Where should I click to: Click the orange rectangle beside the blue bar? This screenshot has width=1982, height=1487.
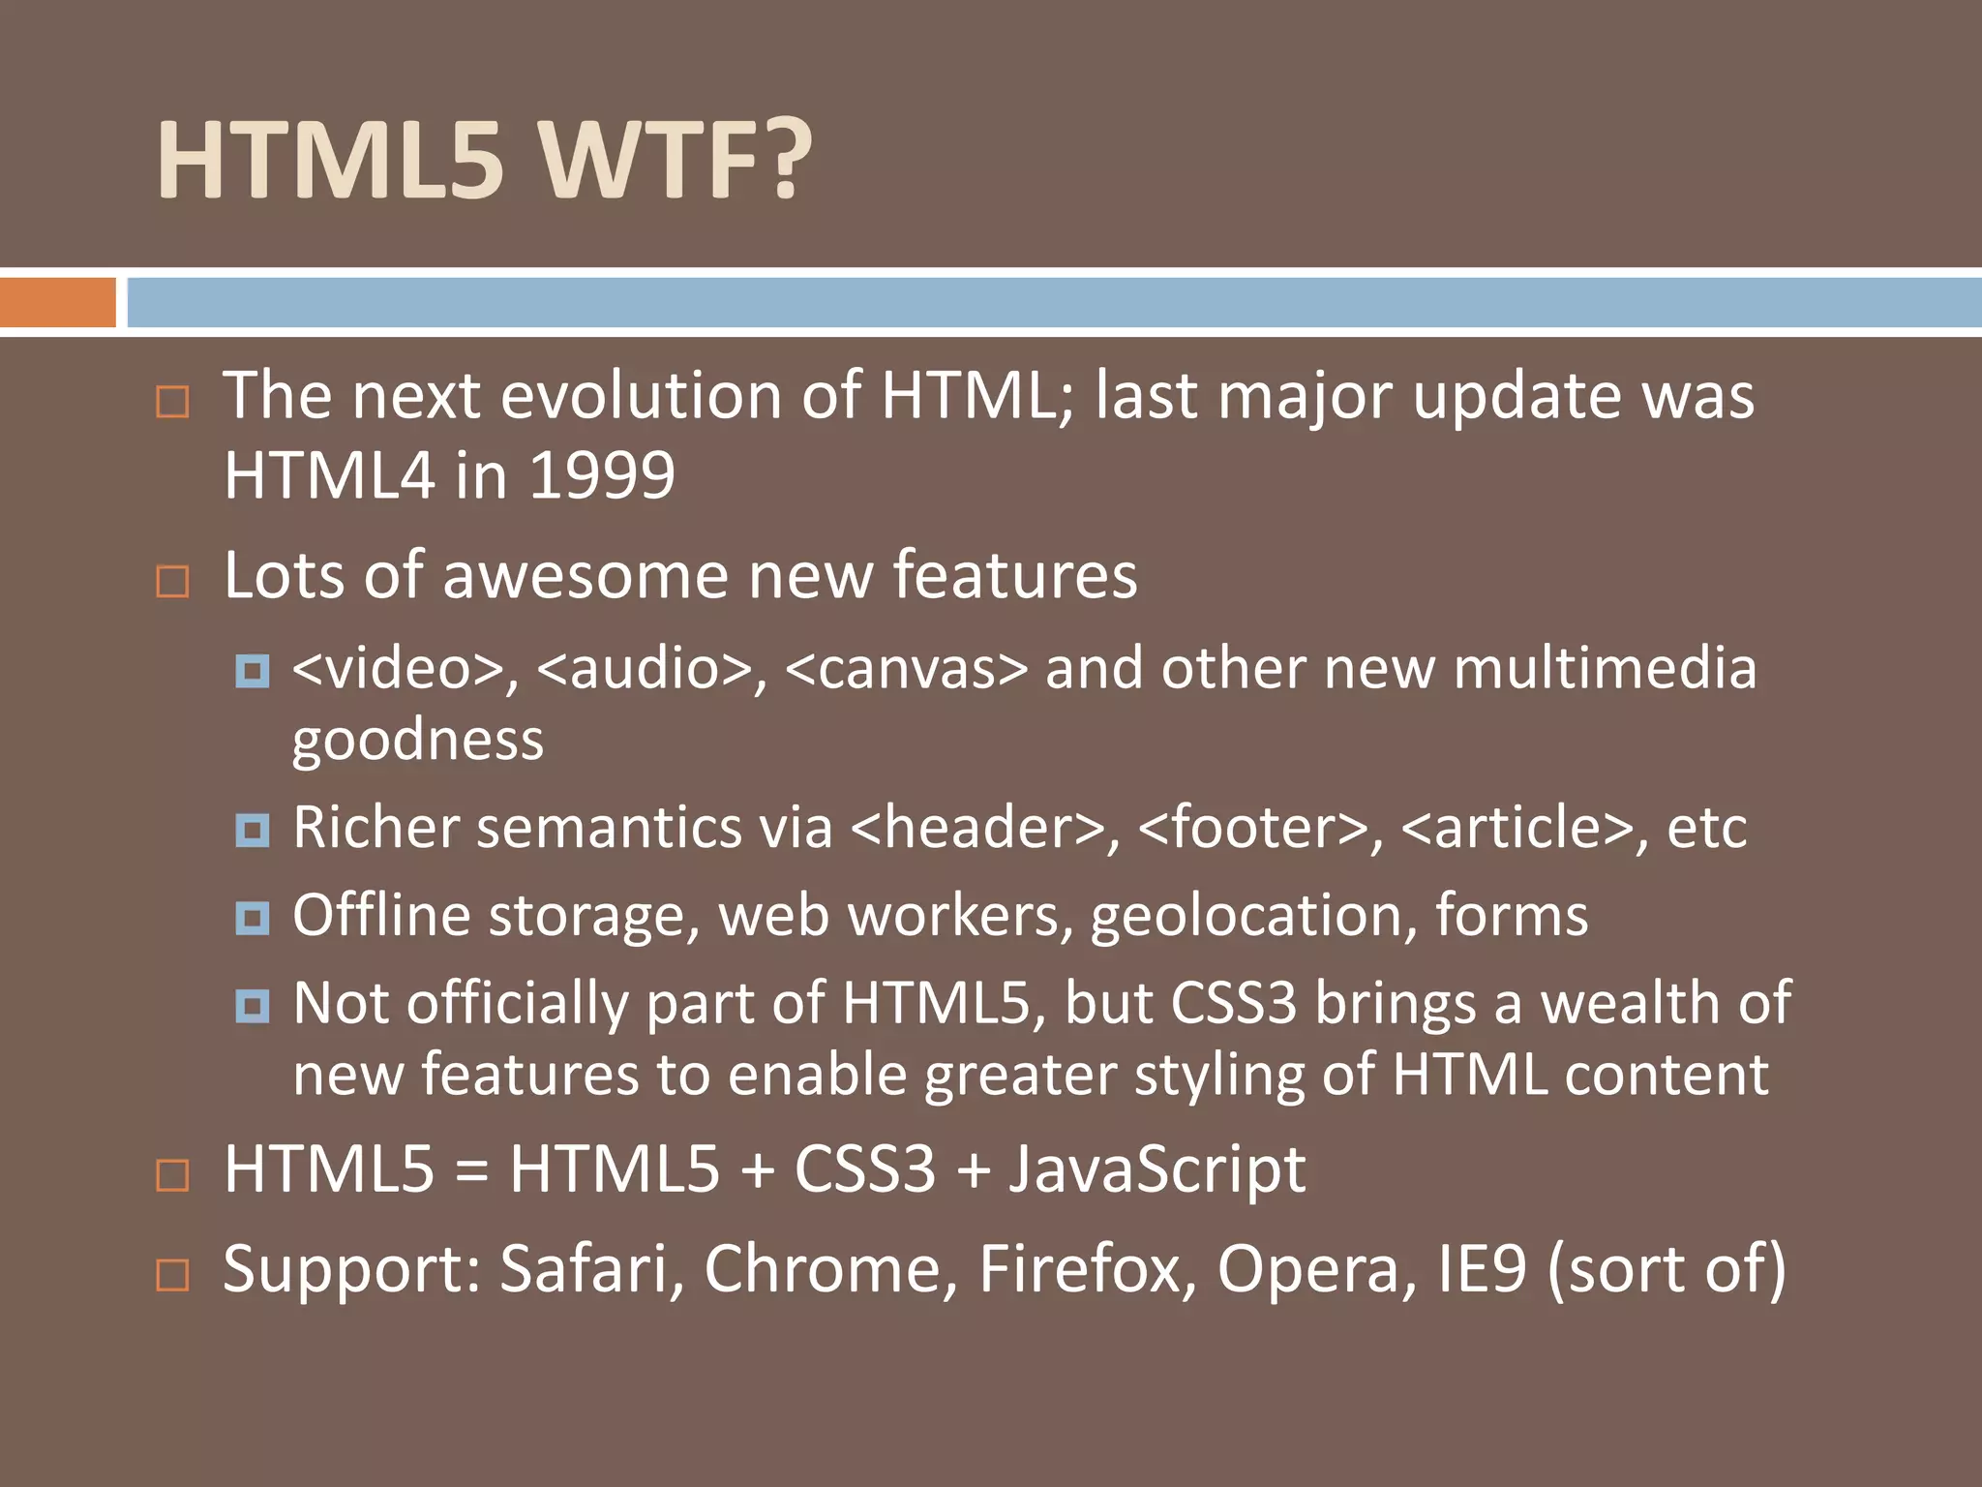point(57,302)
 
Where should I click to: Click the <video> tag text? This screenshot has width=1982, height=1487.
point(398,669)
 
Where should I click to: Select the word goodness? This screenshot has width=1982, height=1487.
point(418,742)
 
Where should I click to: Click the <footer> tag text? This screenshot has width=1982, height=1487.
point(1252,829)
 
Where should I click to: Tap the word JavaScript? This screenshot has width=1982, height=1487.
point(1157,1169)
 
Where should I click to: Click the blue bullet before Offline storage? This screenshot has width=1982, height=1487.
point(253,917)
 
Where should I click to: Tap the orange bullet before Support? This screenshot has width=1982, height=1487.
point(172,1274)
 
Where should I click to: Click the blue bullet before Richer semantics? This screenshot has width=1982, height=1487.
point(253,830)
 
